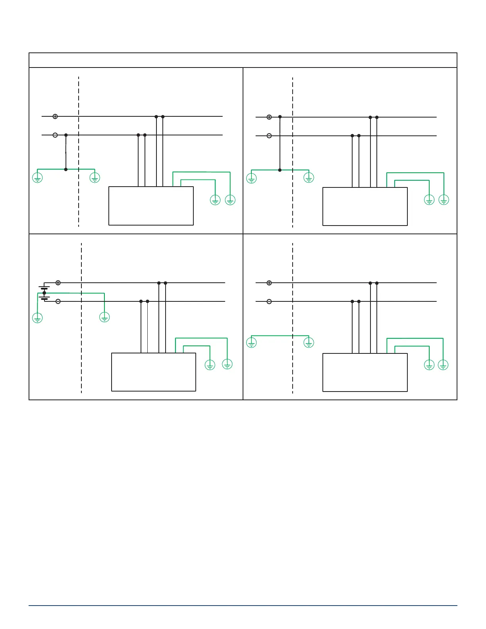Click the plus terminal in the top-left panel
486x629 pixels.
[55, 116]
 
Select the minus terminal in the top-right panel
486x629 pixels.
[269, 136]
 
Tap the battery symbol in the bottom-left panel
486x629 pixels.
[44, 293]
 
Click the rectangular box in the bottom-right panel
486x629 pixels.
[365, 372]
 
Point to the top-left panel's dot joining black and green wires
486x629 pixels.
[66, 170]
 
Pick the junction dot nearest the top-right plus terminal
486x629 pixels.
[280, 117]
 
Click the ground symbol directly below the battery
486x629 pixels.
[37, 318]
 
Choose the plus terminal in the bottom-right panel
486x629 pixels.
[269, 283]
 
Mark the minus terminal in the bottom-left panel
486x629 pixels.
[58, 301]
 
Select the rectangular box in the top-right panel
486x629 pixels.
[365, 206]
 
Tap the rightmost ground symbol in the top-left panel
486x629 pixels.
[230, 200]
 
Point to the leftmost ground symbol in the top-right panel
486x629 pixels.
[251, 178]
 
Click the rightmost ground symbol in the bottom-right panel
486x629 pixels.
[443, 365]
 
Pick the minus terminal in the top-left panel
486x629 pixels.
[55, 135]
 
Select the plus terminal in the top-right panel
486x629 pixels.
[269, 117]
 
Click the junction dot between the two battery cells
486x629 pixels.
[44, 293]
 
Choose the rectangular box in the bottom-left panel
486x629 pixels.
[154, 372]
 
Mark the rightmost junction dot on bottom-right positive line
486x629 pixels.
[377, 283]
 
